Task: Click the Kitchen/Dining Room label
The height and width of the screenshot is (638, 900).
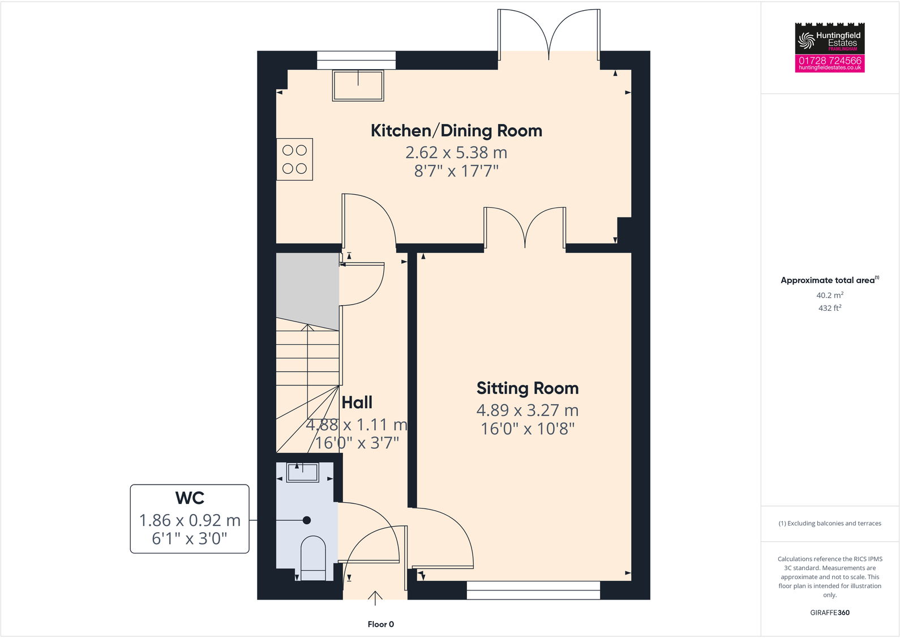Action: click(456, 131)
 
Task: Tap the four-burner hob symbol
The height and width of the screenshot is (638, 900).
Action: click(294, 159)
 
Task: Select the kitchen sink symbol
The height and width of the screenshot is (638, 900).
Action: click(358, 85)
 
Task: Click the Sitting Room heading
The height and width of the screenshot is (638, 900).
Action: click(527, 388)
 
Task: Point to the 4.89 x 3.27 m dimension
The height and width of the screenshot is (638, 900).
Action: click(527, 410)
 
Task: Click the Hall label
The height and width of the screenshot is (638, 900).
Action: click(357, 403)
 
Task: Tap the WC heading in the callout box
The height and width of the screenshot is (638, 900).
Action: click(190, 498)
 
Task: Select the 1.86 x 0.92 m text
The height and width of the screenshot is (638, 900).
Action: click(190, 520)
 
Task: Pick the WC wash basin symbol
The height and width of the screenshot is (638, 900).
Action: click(303, 472)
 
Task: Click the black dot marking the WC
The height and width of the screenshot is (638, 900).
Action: click(307, 520)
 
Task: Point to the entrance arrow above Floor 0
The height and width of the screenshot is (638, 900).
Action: click(375, 598)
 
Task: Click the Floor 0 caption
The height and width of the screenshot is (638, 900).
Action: click(380, 624)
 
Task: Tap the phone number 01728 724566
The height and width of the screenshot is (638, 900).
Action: click(830, 60)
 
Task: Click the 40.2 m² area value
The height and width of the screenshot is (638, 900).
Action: click(829, 295)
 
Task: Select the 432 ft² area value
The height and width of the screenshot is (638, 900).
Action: click(829, 308)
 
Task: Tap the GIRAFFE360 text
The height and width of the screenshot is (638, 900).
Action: click(829, 613)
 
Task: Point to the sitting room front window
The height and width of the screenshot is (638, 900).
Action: click(533, 590)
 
